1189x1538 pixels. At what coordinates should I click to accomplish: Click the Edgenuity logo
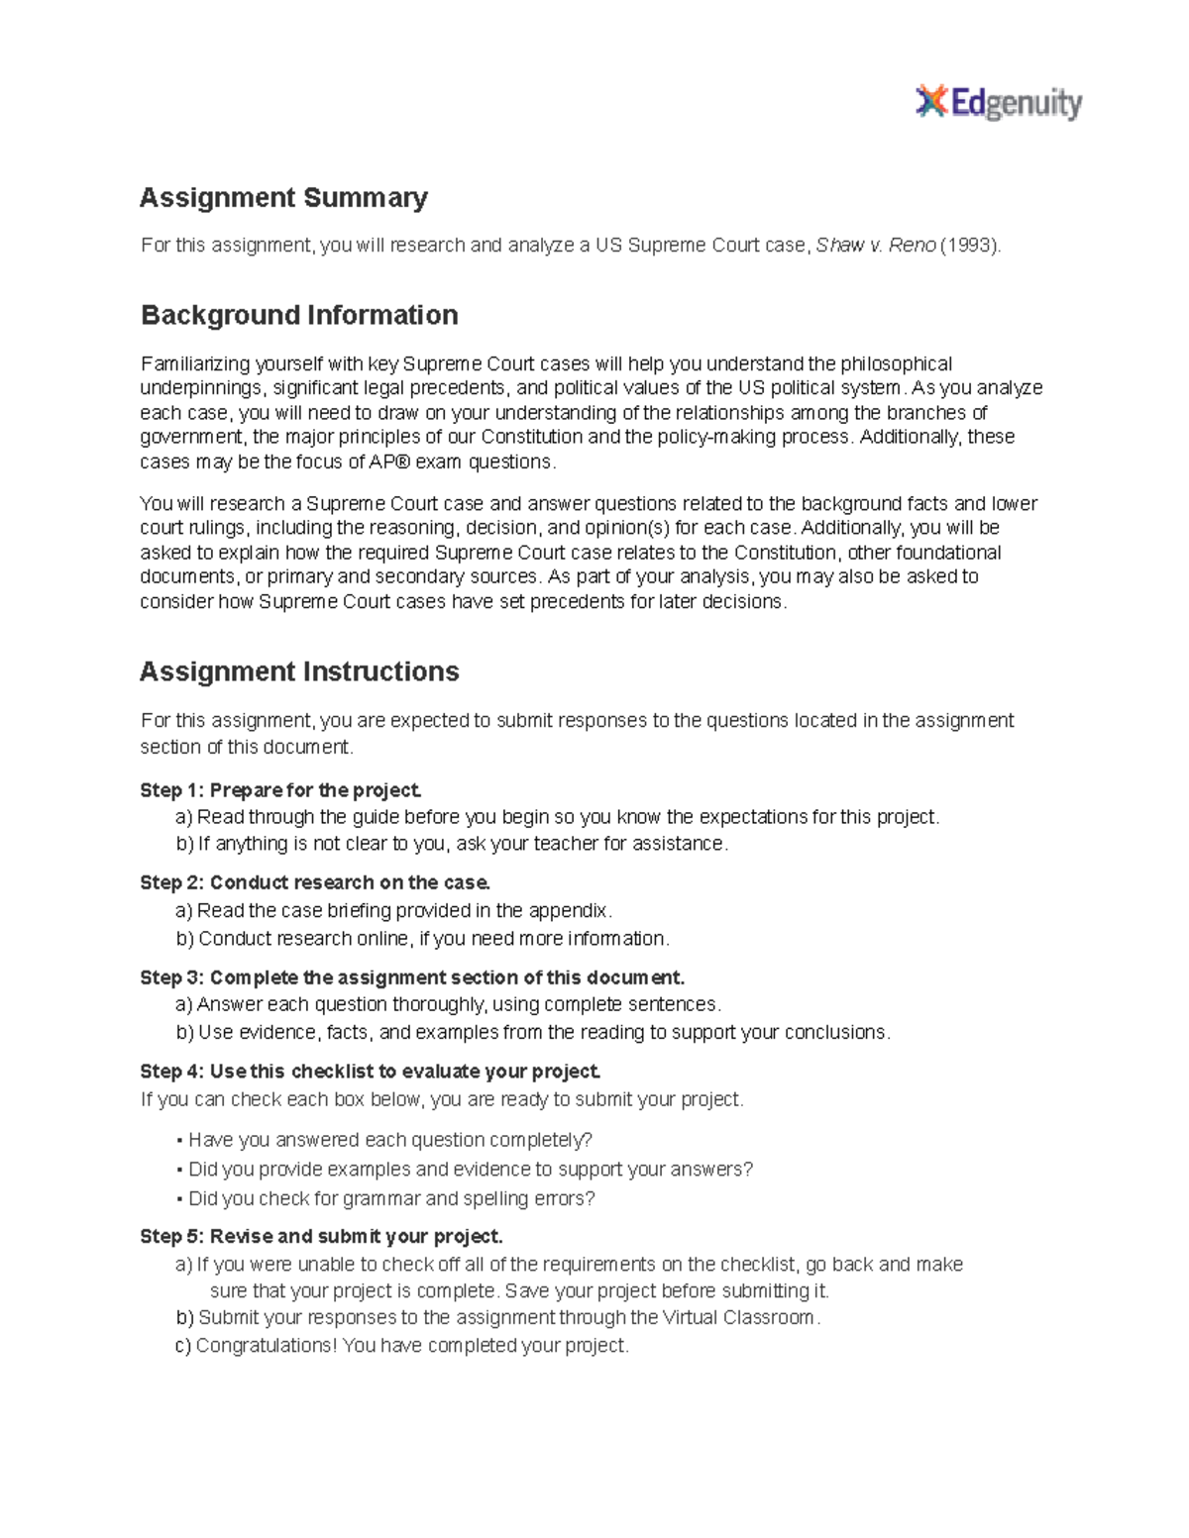tap(998, 102)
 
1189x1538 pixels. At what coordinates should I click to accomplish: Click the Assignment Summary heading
tap(283, 198)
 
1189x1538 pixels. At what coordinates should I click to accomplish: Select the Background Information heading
tap(299, 315)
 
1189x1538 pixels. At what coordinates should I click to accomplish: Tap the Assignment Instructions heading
tap(299, 671)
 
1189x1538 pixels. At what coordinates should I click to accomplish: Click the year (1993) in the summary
tap(970, 246)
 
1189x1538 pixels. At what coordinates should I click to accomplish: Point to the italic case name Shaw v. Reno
tap(875, 246)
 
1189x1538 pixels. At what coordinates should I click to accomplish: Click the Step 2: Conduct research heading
tap(315, 882)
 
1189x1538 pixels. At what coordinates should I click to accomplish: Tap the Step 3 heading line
tap(412, 977)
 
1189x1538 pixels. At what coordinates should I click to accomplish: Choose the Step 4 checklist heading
tap(371, 1072)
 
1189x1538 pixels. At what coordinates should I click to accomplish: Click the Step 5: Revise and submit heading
tap(321, 1236)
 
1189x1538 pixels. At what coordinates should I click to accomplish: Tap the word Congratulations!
tap(266, 1346)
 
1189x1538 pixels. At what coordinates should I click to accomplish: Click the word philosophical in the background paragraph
tap(896, 364)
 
